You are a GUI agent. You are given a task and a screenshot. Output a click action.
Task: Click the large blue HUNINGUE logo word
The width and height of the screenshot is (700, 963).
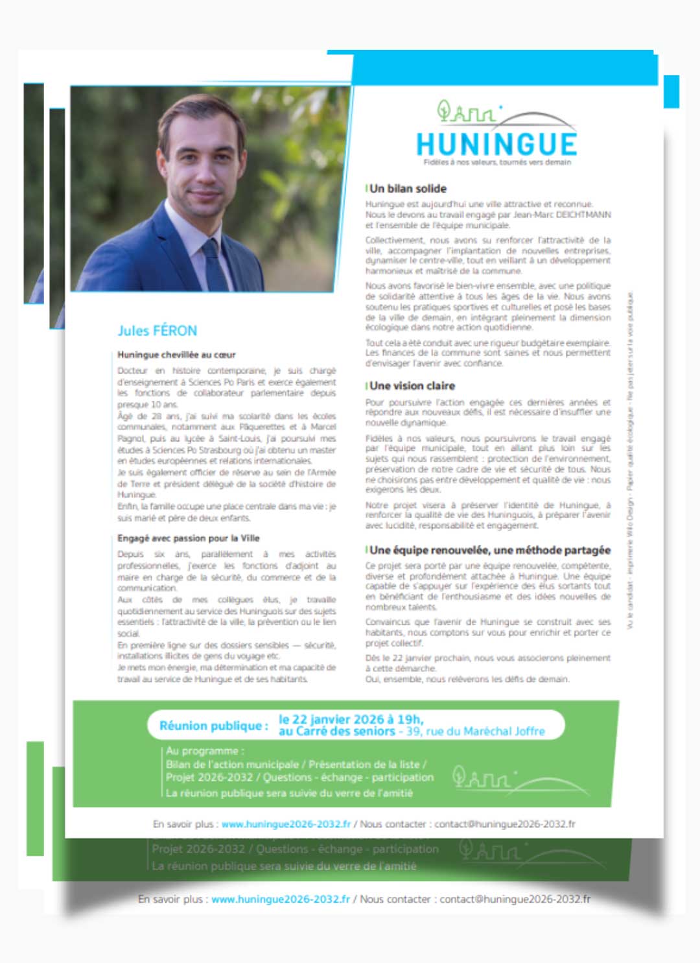point(496,144)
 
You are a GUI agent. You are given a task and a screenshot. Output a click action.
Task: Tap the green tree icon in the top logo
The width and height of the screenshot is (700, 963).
point(444,110)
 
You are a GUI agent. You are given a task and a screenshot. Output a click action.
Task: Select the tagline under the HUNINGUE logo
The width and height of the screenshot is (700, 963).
point(497,162)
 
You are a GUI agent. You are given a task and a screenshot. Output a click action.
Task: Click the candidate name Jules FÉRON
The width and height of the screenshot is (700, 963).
point(157,331)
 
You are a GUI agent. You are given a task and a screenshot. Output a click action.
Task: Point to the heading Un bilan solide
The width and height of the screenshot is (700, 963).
point(408,189)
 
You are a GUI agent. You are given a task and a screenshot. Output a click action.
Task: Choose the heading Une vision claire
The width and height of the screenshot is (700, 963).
point(412,386)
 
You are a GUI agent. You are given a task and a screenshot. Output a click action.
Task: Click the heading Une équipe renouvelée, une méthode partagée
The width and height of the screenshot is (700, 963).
point(490,550)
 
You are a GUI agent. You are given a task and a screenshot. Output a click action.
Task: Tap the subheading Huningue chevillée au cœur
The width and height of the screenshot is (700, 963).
point(176,355)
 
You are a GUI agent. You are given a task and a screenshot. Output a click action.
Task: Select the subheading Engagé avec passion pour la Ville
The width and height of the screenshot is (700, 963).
point(188,538)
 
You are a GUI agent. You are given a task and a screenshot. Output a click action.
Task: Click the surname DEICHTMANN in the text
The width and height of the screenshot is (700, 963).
point(583,215)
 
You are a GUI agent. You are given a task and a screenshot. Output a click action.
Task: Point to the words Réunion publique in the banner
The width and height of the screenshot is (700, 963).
point(213,726)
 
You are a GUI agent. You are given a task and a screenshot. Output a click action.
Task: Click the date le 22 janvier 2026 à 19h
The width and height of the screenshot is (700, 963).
point(351,719)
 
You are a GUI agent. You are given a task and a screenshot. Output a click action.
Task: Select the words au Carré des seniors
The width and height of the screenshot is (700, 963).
point(336,731)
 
